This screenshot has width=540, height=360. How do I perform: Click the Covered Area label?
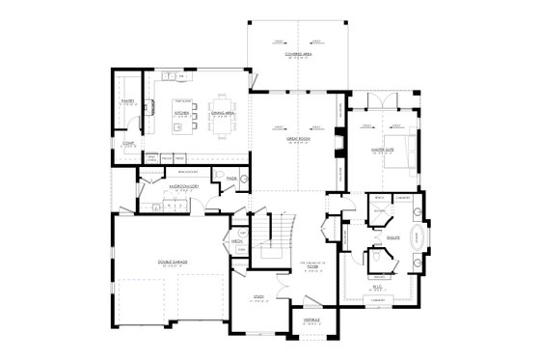tap(297, 56)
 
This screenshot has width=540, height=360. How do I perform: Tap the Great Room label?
tap(296, 140)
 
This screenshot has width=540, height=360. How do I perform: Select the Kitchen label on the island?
tap(180, 111)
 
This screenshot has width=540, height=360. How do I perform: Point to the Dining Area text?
tap(221, 111)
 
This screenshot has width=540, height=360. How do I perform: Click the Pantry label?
tap(126, 99)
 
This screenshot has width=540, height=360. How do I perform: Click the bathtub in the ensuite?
tap(418, 237)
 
